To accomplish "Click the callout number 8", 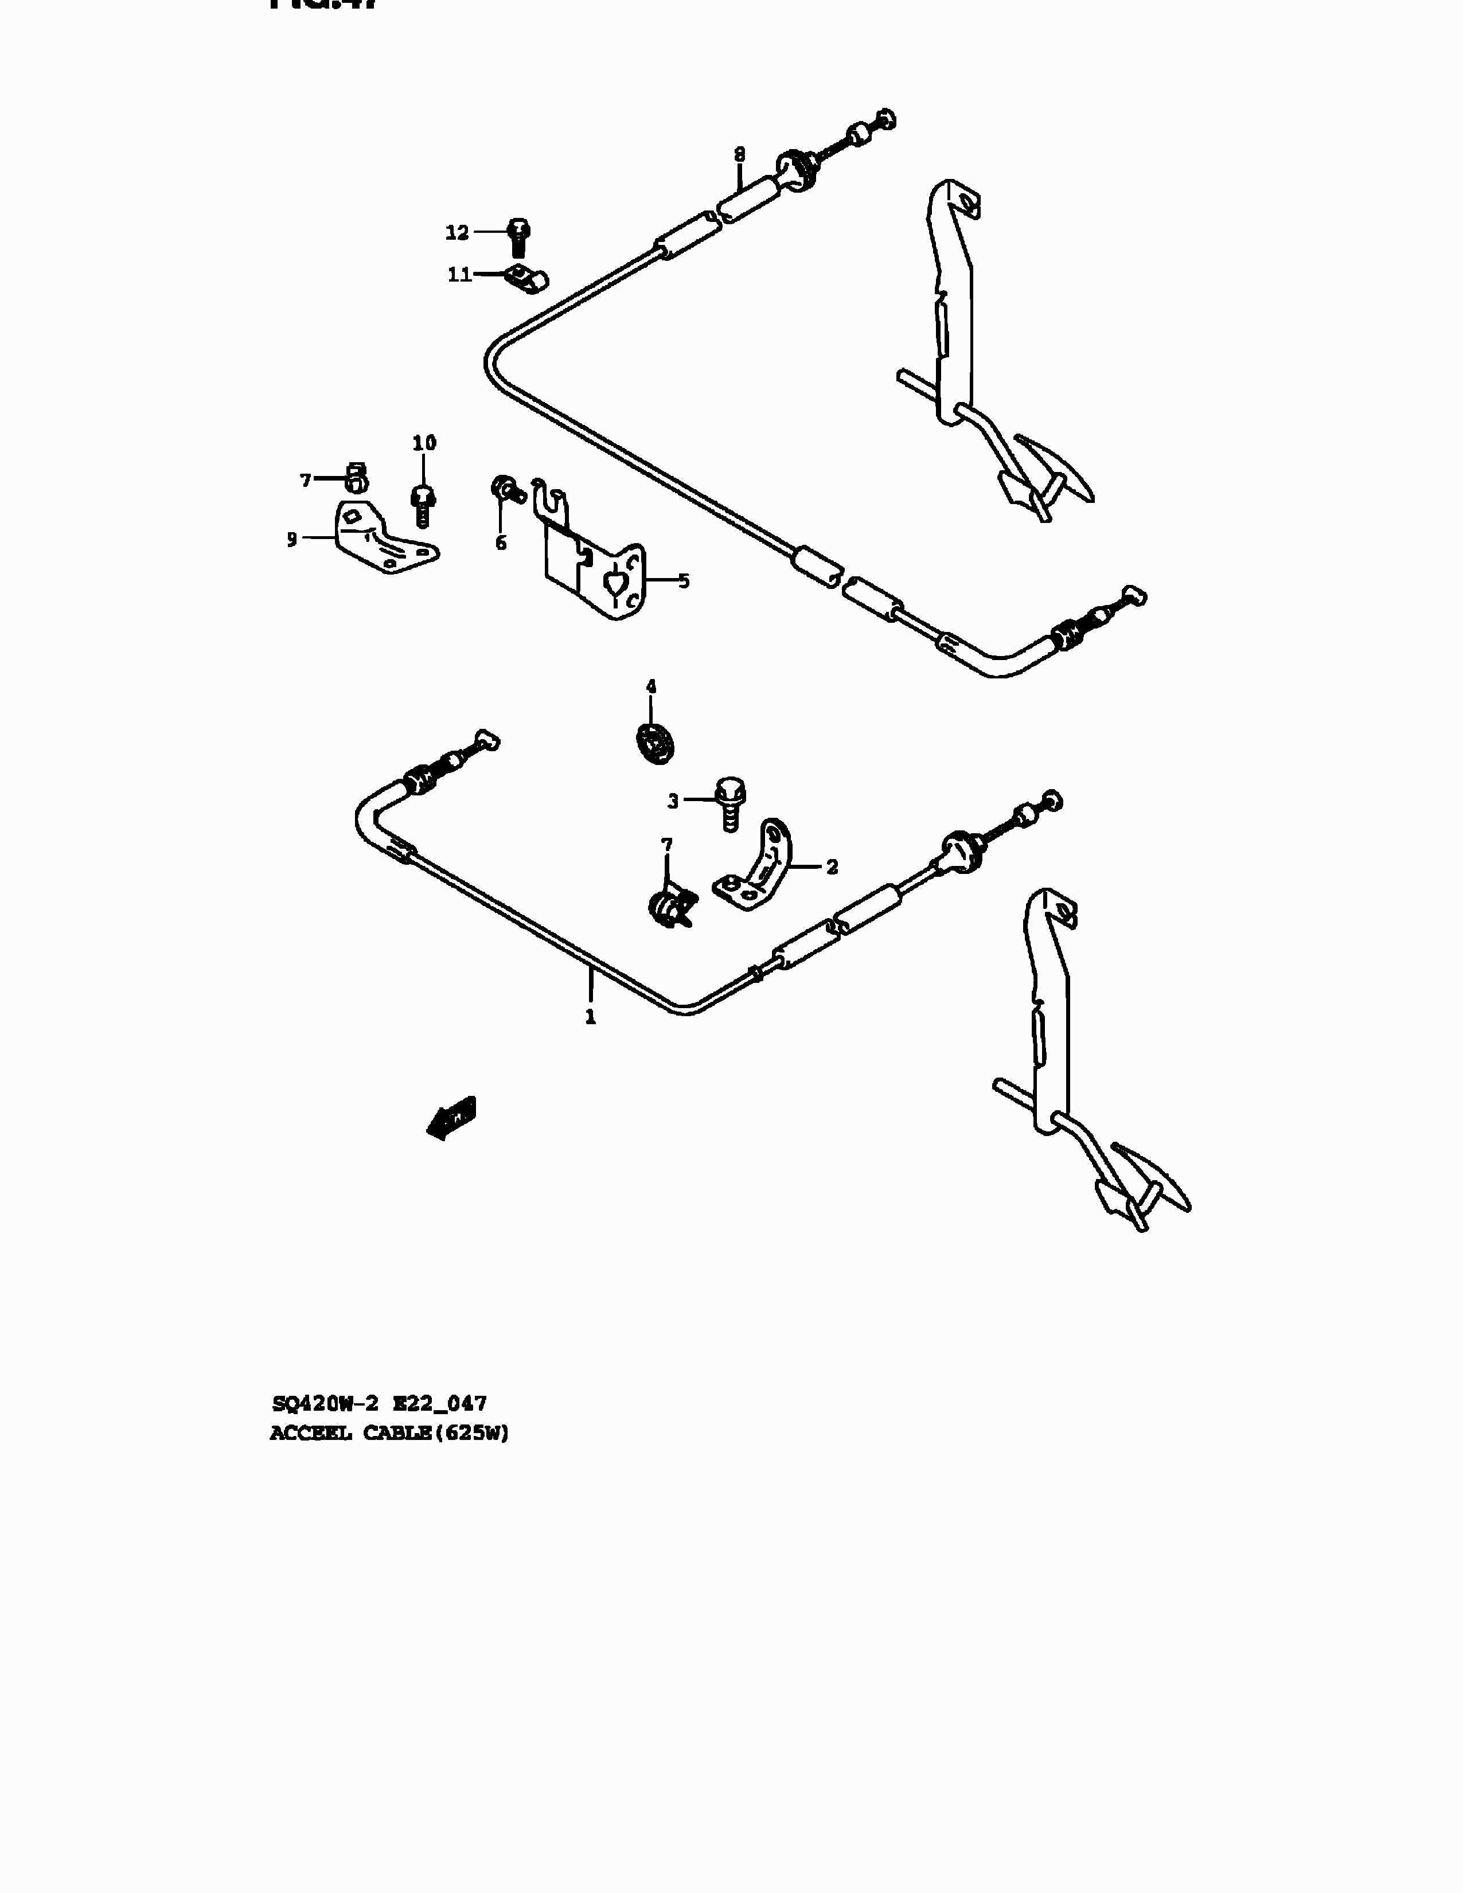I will point(739,154).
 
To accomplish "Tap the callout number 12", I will point(457,232).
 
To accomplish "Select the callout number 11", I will point(459,275).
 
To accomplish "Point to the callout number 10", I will point(424,443).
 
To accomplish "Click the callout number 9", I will point(292,539).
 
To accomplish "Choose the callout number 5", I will point(684,581).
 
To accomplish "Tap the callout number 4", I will point(651,688).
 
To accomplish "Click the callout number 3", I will point(673,802).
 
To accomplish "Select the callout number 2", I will point(832,867).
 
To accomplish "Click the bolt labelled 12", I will point(517,236).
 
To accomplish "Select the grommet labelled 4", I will point(656,743).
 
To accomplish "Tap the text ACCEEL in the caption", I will point(310,1434).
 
